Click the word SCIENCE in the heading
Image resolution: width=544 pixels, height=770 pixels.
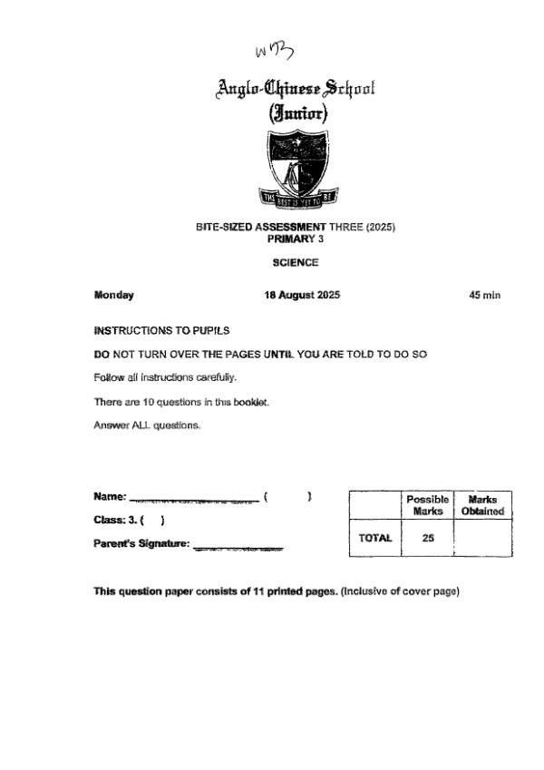296,262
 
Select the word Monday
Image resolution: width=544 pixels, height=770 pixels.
113,295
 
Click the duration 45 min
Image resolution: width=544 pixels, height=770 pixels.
485,295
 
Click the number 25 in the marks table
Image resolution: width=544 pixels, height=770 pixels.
428,538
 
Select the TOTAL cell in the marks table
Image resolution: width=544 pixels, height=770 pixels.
375,538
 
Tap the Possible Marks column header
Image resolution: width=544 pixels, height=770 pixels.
428,505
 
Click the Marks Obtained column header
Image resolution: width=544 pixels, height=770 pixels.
482,505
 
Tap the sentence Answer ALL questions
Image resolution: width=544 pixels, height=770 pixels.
146,425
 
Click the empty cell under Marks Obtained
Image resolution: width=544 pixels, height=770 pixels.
482,538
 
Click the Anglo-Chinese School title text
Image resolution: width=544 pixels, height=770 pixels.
296,89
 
